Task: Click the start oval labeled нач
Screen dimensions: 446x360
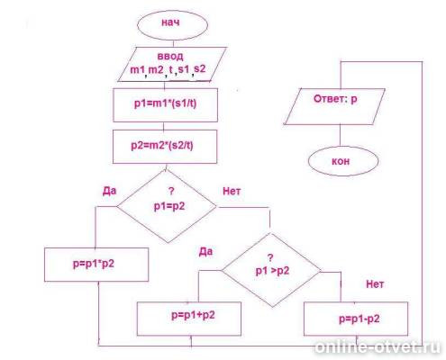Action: [172, 25]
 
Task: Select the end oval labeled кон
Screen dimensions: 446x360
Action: [343, 161]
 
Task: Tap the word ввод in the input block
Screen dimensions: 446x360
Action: [170, 56]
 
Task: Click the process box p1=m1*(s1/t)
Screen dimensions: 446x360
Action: [165, 104]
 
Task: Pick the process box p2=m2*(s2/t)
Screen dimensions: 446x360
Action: [165, 147]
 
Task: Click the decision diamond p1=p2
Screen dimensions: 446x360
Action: [167, 206]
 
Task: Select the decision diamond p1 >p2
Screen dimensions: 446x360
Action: [271, 270]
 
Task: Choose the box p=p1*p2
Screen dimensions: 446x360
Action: [96, 265]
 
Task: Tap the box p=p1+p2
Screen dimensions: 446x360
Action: [189, 319]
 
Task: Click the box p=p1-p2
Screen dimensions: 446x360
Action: [356, 319]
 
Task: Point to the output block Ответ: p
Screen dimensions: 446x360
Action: [334, 106]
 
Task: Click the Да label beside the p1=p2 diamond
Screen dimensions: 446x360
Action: [109, 191]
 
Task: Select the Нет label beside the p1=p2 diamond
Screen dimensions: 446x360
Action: [232, 191]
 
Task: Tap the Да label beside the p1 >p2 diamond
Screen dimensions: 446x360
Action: [205, 251]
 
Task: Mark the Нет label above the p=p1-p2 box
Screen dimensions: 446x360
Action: [375, 283]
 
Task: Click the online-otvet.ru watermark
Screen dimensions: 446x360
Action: [378, 347]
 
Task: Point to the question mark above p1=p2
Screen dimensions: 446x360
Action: [171, 191]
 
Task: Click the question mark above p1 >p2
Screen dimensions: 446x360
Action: [270, 257]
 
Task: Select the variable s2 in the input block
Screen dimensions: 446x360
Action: [200, 69]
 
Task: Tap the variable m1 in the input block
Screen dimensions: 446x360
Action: [137, 69]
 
